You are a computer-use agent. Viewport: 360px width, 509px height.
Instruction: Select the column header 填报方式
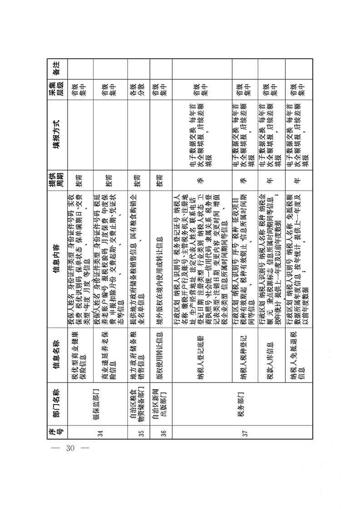[56, 135]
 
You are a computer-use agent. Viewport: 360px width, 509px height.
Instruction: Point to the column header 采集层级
[56, 90]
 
